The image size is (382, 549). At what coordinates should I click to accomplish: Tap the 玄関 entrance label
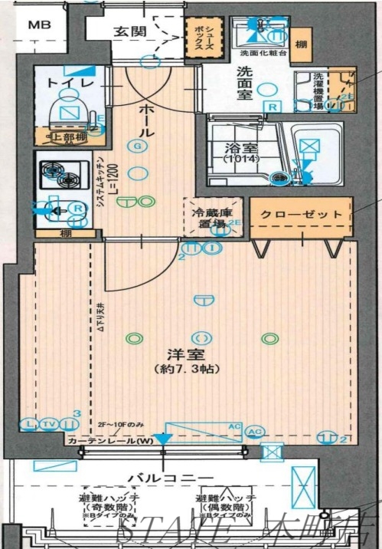[130, 31]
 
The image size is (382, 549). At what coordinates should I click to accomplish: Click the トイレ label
[71, 82]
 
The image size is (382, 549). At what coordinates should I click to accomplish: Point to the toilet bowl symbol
[70, 110]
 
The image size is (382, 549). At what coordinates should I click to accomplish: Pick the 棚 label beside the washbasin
[302, 45]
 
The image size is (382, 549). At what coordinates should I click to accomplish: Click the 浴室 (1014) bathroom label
[242, 152]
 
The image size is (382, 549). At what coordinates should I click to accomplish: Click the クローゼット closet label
[301, 215]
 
